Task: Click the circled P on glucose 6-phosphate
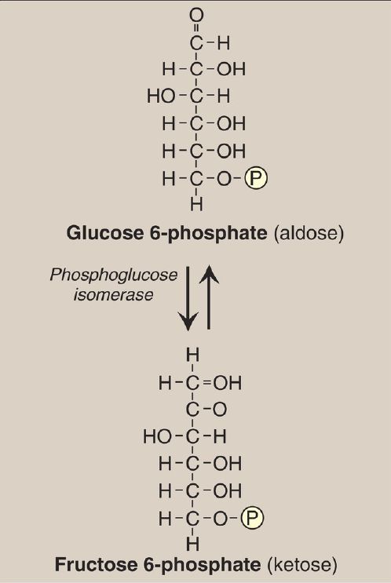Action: pos(256,178)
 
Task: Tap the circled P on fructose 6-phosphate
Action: pos(253,518)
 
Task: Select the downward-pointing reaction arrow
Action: pos(188,298)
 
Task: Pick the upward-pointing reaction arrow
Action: pos(209,297)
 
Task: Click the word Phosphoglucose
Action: pos(114,276)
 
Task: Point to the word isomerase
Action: pos(114,295)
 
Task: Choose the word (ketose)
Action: pos(302,565)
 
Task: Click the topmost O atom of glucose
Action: pos(196,15)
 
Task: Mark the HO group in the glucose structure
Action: pos(161,97)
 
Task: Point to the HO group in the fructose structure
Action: pos(157,436)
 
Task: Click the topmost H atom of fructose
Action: pos(192,355)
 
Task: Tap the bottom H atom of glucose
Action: pos(197,204)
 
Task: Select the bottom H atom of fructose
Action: pos(192,544)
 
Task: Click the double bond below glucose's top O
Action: pos(196,28)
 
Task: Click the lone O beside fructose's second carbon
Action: pos(220,410)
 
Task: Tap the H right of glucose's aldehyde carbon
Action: pos(224,43)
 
